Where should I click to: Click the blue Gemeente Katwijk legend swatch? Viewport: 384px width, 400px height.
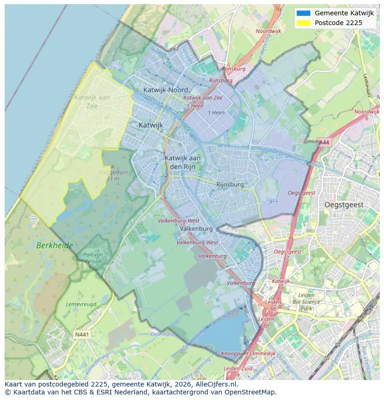click(x=303, y=13)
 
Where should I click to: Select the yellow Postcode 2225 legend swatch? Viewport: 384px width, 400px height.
click(x=303, y=23)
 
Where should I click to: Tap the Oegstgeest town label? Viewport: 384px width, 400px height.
click(x=344, y=205)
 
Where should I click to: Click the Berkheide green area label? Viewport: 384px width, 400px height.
click(x=55, y=245)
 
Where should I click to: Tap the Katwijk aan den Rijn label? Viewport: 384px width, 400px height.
click(x=183, y=162)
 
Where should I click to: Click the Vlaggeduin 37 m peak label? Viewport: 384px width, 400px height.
click(x=113, y=175)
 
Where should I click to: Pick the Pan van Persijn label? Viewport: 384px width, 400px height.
click(x=93, y=258)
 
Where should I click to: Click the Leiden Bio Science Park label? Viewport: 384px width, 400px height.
click(x=306, y=302)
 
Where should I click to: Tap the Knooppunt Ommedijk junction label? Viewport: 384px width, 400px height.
click(x=248, y=354)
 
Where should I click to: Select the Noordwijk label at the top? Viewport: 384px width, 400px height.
click(x=269, y=32)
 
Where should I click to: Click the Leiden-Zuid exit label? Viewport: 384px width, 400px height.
click(x=238, y=369)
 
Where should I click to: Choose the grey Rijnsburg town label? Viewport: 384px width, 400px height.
click(x=230, y=184)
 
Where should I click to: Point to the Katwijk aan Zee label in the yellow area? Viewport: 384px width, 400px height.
click(x=92, y=101)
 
